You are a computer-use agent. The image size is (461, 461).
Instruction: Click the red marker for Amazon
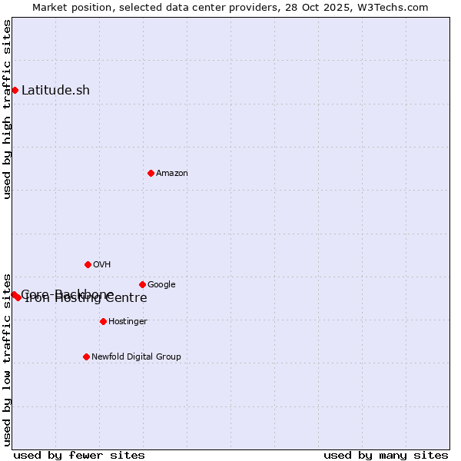coord(151,173)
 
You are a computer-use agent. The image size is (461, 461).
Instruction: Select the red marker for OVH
coord(88,264)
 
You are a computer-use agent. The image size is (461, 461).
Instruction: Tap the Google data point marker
coord(142,284)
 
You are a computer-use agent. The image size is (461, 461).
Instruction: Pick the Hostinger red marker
coord(103,321)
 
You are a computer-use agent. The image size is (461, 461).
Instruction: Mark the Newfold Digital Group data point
coord(86,357)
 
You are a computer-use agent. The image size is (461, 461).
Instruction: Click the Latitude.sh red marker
coord(15,90)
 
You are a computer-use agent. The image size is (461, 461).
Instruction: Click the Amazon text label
coord(172,174)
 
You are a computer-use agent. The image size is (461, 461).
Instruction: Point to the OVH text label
coord(102,265)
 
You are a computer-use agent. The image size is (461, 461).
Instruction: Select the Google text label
coord(161,285)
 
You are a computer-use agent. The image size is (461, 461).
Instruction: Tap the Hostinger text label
coord(128,322)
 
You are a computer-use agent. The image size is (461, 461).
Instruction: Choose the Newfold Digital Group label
coord(136,357)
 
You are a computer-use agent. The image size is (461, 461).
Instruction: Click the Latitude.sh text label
coord(55,91)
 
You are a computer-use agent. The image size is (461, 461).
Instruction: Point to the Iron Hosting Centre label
coord(86,299)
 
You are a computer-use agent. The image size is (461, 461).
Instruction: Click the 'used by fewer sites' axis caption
coord(79,455)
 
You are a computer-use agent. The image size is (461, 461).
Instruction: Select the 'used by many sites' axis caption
coord(386,455)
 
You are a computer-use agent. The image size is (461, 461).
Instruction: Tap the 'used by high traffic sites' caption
coord(8,109)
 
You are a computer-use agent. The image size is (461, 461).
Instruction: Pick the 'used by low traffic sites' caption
coord(8,359)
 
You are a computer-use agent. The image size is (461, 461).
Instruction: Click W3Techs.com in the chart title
coord(396,8)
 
